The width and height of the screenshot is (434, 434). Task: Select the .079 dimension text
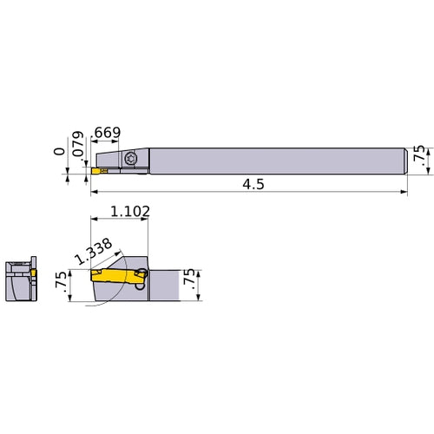(x=78, y=150)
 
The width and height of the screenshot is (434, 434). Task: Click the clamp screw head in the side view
(x=131, y=159)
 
